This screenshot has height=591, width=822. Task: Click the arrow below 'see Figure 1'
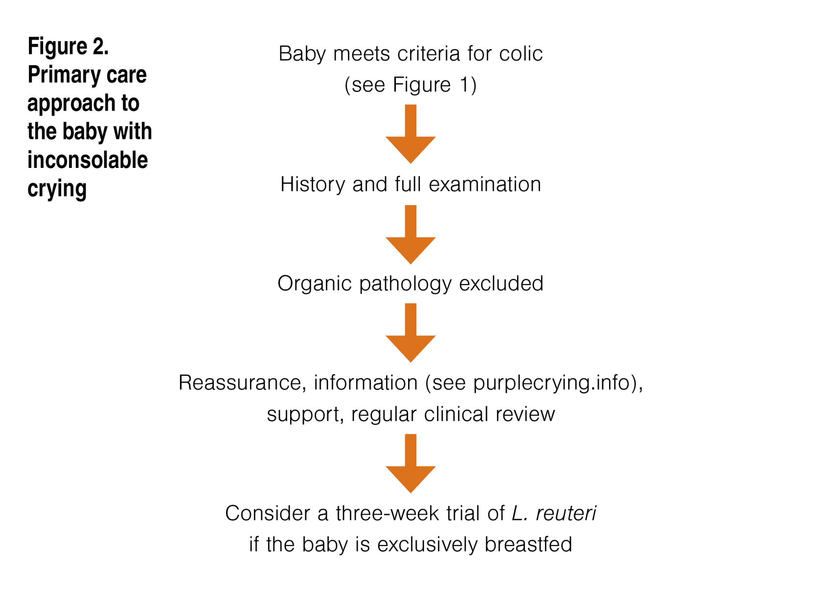(x=411, y=134)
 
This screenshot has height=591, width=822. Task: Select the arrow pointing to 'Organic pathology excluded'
(x=411, y=235)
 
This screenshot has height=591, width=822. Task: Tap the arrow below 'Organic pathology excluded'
(x=411, y=333)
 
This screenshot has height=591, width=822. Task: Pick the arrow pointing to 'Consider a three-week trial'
(x=411, y=464)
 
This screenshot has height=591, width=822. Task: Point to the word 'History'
(x=313, y=185)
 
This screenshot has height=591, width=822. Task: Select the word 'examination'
(x=485, y=185)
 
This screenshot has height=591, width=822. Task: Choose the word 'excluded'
(x=501, y=284)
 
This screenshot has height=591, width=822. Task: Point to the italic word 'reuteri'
(x=566, y=514)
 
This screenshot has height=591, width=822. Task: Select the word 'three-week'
(x=387, y=514)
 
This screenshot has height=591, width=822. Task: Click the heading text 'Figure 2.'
(x=68, y=47)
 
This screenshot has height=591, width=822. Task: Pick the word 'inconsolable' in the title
(x=88, y=160)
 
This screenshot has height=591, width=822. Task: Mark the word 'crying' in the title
(x=57, y=189)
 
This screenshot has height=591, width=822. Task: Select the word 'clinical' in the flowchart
(x=456, y=414)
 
